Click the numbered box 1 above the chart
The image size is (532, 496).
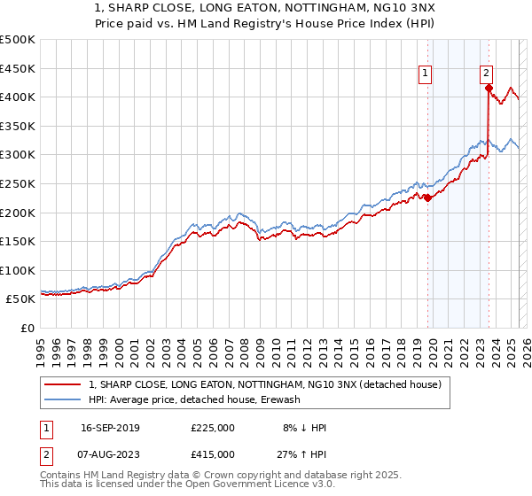(426, 74)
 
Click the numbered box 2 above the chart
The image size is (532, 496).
(488, 74)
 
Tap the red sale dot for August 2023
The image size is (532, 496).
(489, 88)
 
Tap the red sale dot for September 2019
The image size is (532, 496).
(427, 198)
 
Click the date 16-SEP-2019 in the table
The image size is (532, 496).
(110, 428)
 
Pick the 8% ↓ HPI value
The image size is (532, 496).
(303, 428)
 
